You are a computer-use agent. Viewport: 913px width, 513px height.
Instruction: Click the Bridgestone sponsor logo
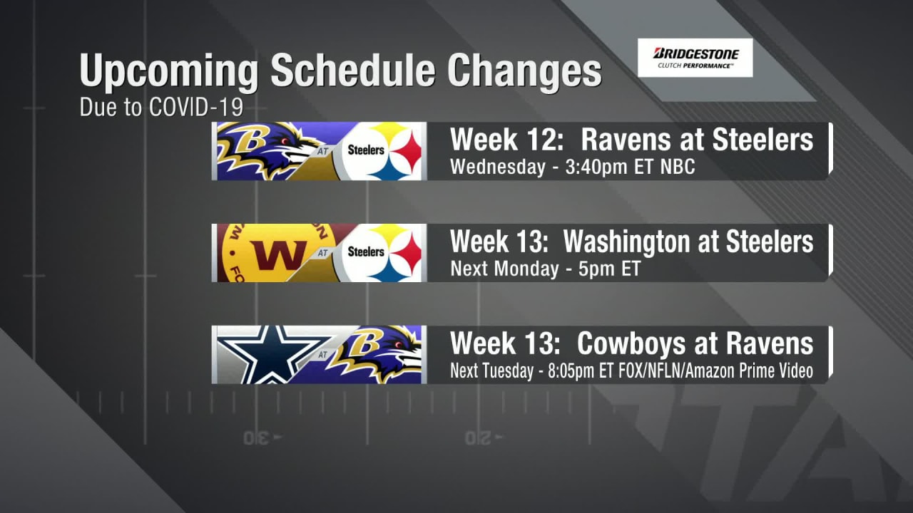click(x=695, y=58)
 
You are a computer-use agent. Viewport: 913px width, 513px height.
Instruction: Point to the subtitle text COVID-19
click(x=195, y=107)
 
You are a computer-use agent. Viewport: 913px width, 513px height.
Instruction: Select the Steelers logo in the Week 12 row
click(x=381, y=151)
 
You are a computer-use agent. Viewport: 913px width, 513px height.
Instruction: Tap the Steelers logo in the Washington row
click(x=381, y=253)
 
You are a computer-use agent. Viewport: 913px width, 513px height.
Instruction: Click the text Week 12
click(x=506, y=140)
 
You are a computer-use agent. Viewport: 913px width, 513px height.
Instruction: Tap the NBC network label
click(x=678, y=167)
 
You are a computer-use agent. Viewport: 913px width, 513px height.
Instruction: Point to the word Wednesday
click(x=498, y=167)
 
